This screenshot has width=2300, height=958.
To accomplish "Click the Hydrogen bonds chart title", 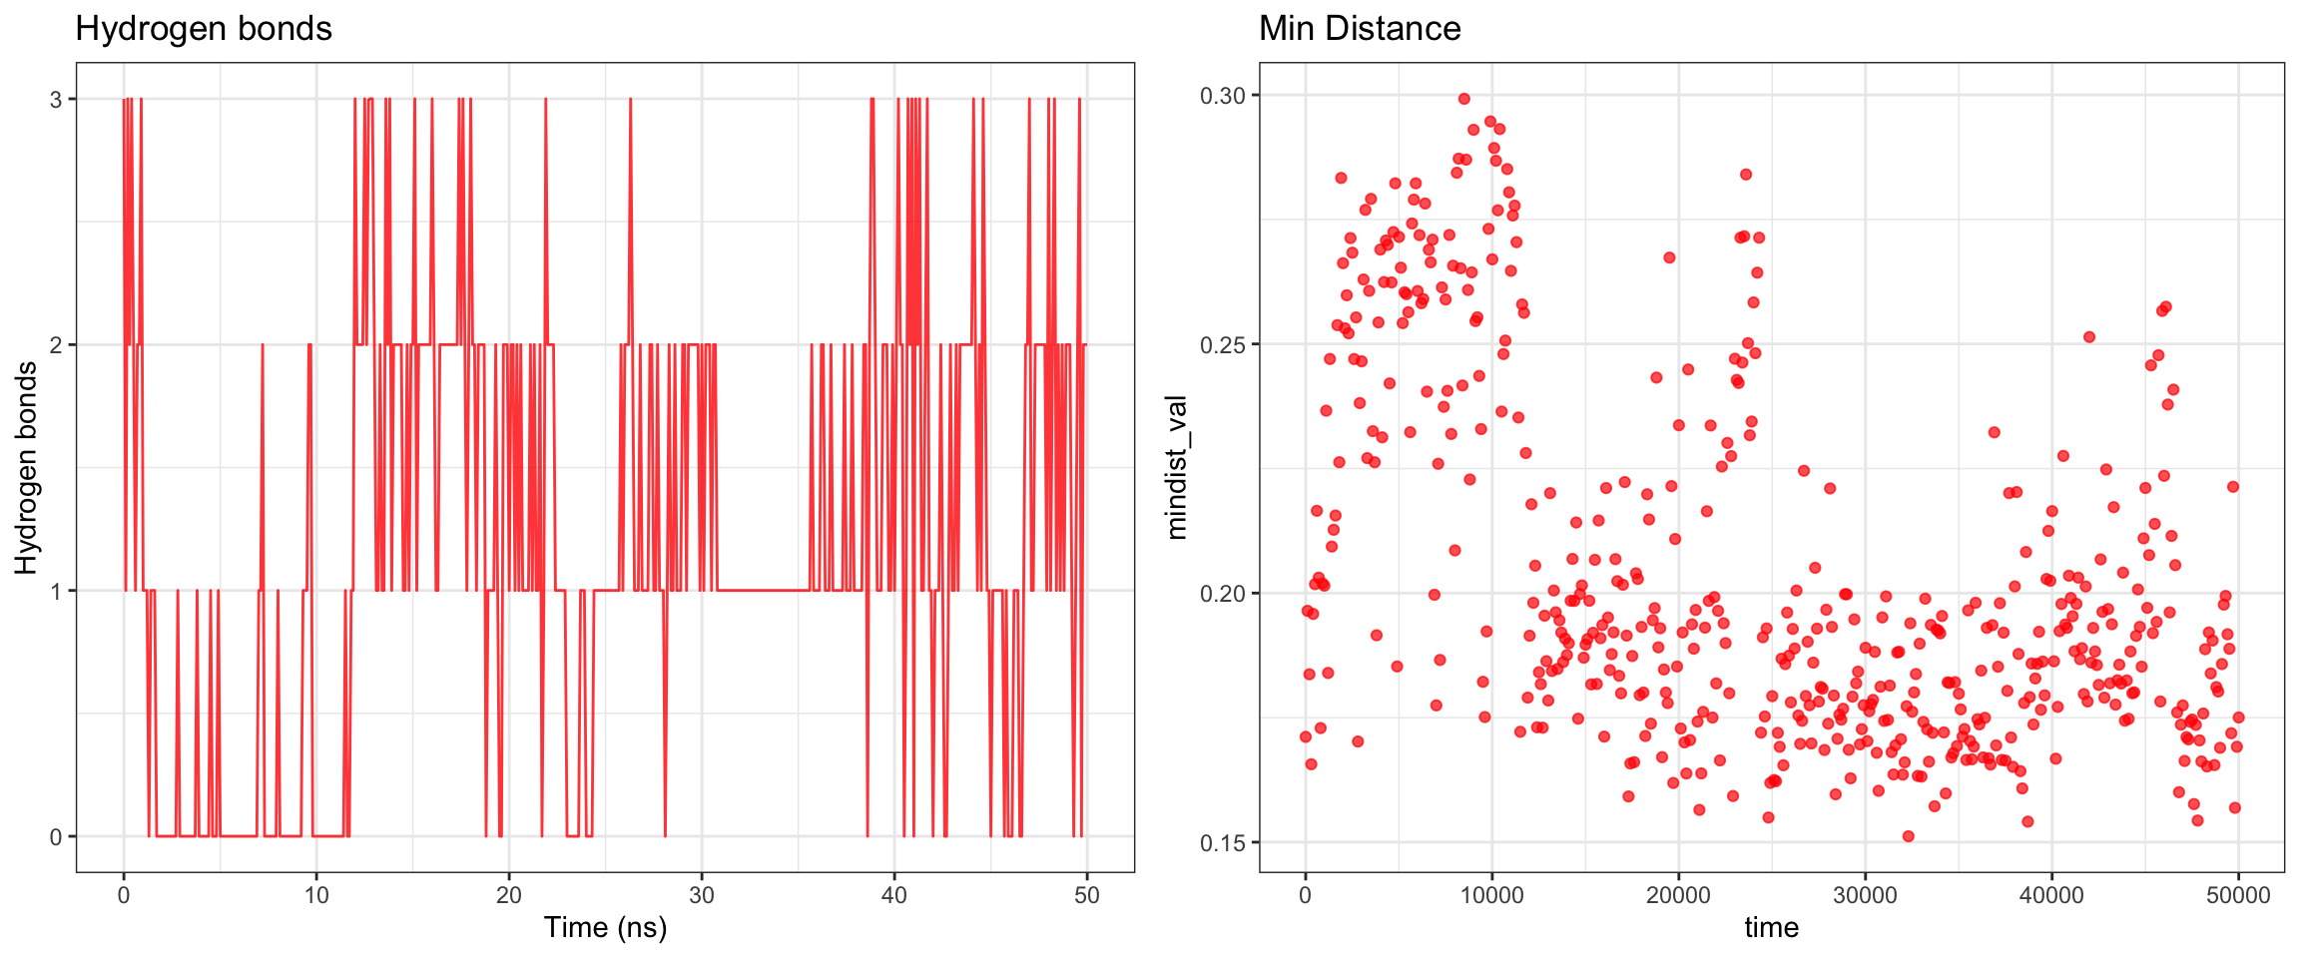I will pyautogui.click(x=204, y=29).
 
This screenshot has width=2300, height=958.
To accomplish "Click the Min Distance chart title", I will pyautogui.click(x=1360, y=29).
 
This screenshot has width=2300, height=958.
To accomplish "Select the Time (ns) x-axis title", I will pyautogui.click(x=605, y=927).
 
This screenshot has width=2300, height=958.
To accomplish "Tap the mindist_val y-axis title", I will pyautogui.click(x=1177, y=467).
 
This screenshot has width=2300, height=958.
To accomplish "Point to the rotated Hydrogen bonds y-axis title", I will pyautogui.click(x=26, y=467).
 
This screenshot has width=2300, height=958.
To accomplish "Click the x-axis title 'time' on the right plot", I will pyautogui.click(x=1771, y=927).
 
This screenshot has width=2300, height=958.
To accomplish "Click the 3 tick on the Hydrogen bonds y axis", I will pyautogui.click(x=56, y=100).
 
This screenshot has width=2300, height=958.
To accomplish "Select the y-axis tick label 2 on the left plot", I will pyautogui.click(x=56, y=345).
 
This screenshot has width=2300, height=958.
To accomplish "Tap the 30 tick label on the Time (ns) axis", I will pyautogui.click(x=702, y=895).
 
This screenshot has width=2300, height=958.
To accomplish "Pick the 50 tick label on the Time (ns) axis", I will pyautogui.click(x=1087, y=895).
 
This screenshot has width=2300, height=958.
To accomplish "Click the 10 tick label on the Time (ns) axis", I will pyautogui.click(x=316, y=895).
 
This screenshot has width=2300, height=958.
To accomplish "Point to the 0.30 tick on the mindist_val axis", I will pyautogui.click(x=1223, y=96).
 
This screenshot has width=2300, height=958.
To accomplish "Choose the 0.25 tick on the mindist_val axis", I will pyautogui.click(x=1223, y=344).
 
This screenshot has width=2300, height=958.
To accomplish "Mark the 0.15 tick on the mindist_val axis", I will pyautogui.click(x=1223, y=842).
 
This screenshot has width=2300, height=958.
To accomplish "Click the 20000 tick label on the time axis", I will pyautogui.click(x=1678, y=895).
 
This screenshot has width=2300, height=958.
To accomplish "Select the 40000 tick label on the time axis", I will pyautogui.click(x=2051, y=895).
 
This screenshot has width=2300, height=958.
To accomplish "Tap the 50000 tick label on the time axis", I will pyautogui.click(x=2238, y=895).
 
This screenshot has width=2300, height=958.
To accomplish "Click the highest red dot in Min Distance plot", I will pyautogui.click(x=1464, y=99).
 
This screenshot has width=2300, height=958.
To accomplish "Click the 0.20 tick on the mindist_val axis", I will pyautogui.click(x=1223, y=594).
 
